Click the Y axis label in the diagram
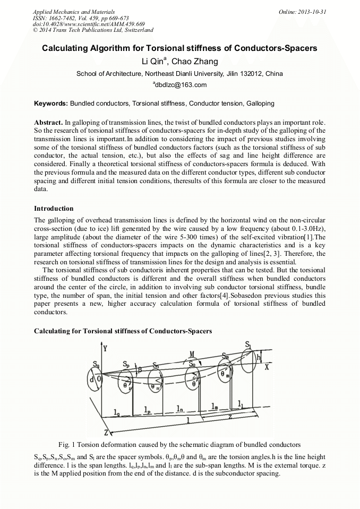[106, 349]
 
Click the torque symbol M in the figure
[191, 354]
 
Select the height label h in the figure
[259, 358]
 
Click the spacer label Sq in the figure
[96, 365]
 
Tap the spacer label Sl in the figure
[248, 346]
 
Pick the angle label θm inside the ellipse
[225, 374]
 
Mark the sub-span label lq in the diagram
[117, 412]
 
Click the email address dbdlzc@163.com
[179, 85]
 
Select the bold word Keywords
[51, 103]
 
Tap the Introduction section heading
[54, 208]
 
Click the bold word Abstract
[49, 123]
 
